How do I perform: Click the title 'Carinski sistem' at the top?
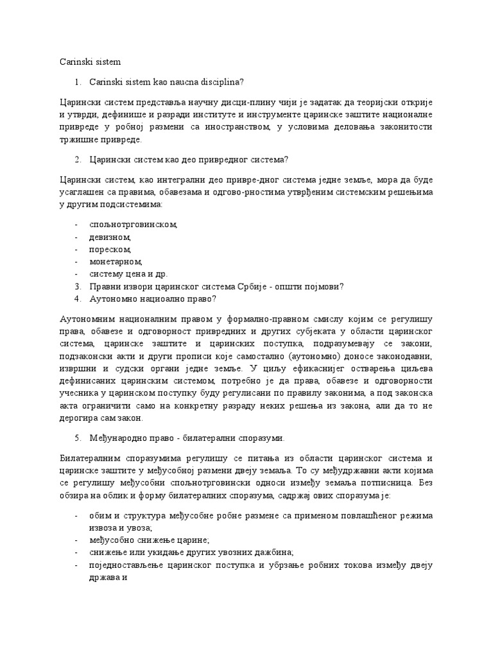pyautogui.click(x=85, y=62)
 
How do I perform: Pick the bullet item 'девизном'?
pyautogui.click(x=112, y=237)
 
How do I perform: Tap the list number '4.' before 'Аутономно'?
pyautogui.click(x=78, y=298)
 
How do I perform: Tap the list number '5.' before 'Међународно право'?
pyautogui.click(x=78, y=438)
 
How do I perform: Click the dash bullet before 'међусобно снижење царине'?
pyautogui.click(x=77, y=540)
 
